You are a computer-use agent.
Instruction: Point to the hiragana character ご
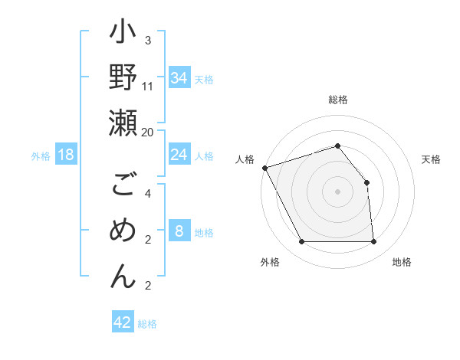pos(123,186)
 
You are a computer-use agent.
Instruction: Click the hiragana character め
pos(123,231)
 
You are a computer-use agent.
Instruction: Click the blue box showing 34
pos(179,78)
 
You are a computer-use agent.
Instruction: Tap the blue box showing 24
pos(179,155)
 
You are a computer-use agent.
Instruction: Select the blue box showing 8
pos(179,231)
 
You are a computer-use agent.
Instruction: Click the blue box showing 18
pos(66,155)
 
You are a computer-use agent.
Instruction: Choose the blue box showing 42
pos(123,322)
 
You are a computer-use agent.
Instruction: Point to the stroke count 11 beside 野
pos(148,86)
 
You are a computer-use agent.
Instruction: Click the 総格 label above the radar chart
pos(338,100)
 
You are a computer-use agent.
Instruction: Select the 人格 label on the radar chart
pos(245,159)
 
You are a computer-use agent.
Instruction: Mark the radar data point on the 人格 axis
pos(264,168)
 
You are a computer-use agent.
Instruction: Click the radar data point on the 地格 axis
pos(373,242)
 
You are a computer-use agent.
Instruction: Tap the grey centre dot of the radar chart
pos(337,191)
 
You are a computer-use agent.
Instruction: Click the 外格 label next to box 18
pos(41,156)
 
